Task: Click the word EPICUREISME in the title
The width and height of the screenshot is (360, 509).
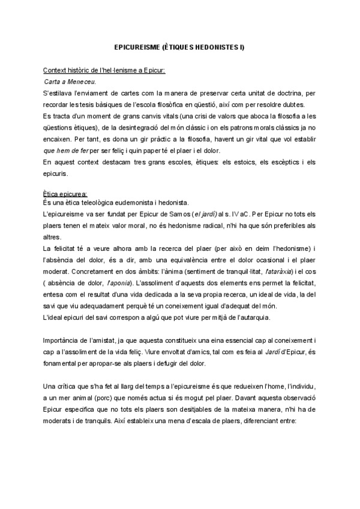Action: click(x=137, y=47)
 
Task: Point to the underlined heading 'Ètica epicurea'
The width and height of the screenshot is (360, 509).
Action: click(x=65, y=193)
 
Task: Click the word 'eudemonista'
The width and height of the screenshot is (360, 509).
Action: click(x=150, y=203)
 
